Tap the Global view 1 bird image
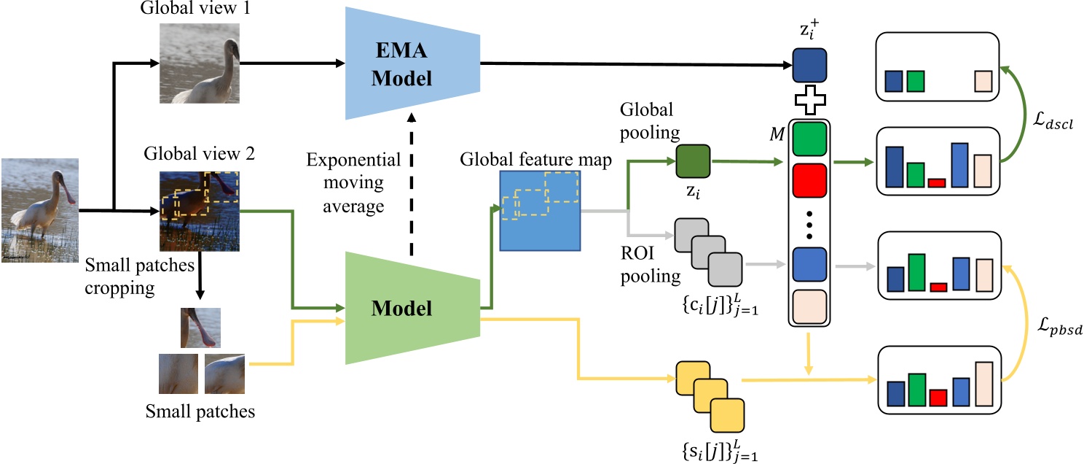coord(199,63)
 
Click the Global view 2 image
coord(199,211)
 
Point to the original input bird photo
coord(39,210)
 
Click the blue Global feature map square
coord(539,210)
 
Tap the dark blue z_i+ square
coord(809,65)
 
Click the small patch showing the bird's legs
coord(200,328)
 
